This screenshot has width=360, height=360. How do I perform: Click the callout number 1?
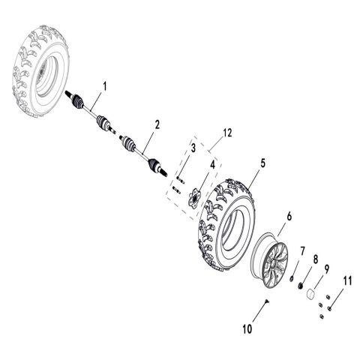106,87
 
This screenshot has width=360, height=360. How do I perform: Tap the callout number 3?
193,148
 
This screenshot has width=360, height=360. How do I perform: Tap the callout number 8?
316,259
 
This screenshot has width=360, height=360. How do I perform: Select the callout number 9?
327,268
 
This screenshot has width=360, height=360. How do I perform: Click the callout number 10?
248,328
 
